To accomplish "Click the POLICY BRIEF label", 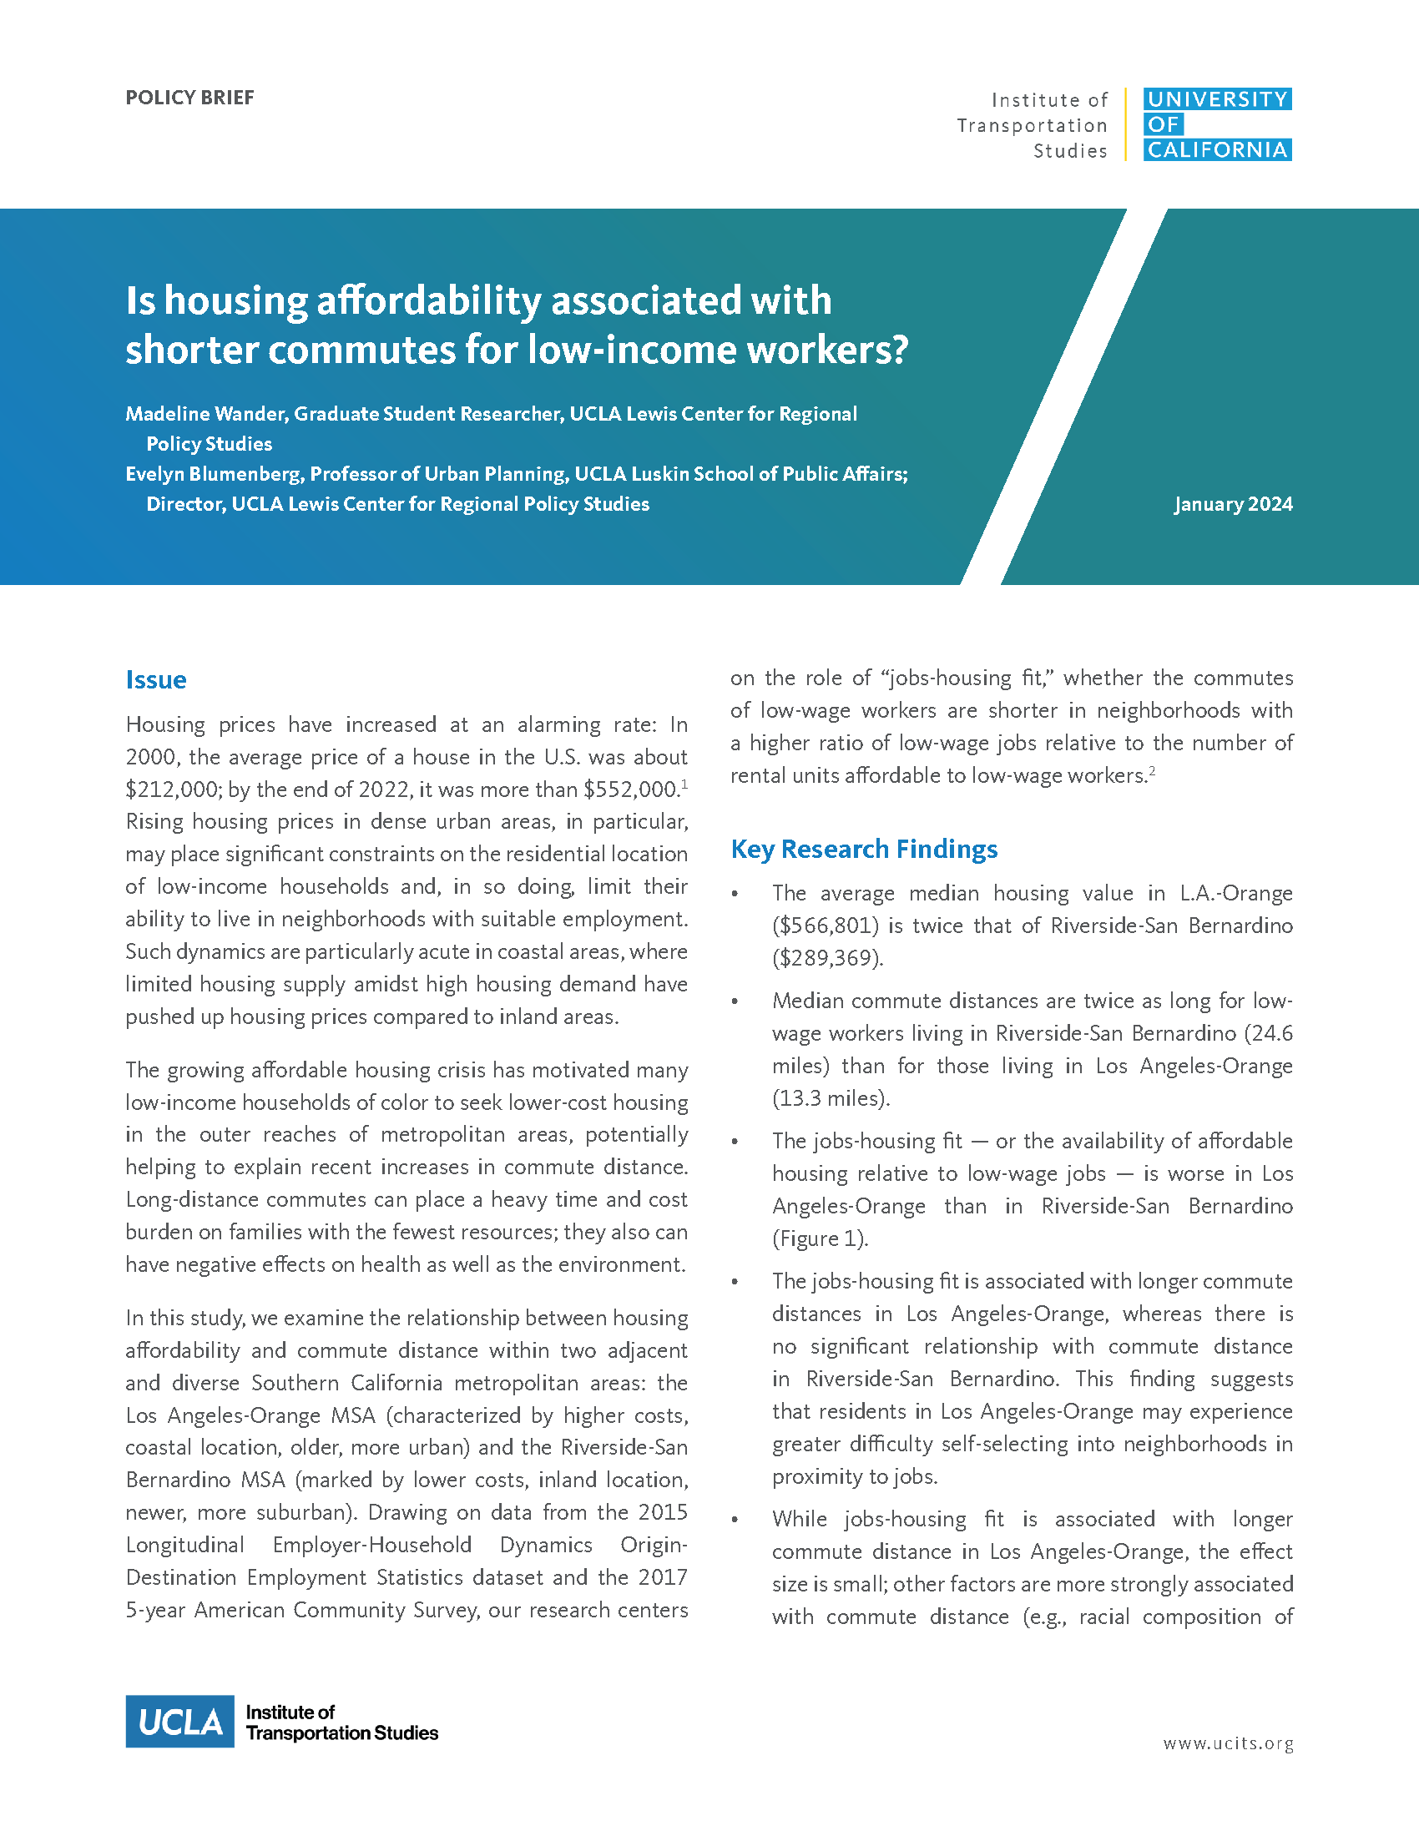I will (189, 98).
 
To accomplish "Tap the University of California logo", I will (1216, 124).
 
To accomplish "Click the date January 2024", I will (1232, 504).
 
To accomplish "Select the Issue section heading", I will (155, 679).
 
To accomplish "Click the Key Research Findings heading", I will (863, 849).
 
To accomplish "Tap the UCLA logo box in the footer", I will (180, 1722).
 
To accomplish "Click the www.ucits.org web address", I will (1227, 1743).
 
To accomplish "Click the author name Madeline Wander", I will (205, 414).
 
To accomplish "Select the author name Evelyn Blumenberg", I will (213, 474).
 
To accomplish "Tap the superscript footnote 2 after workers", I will (1152, 771).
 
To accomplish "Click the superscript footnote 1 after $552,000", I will (684, 785).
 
